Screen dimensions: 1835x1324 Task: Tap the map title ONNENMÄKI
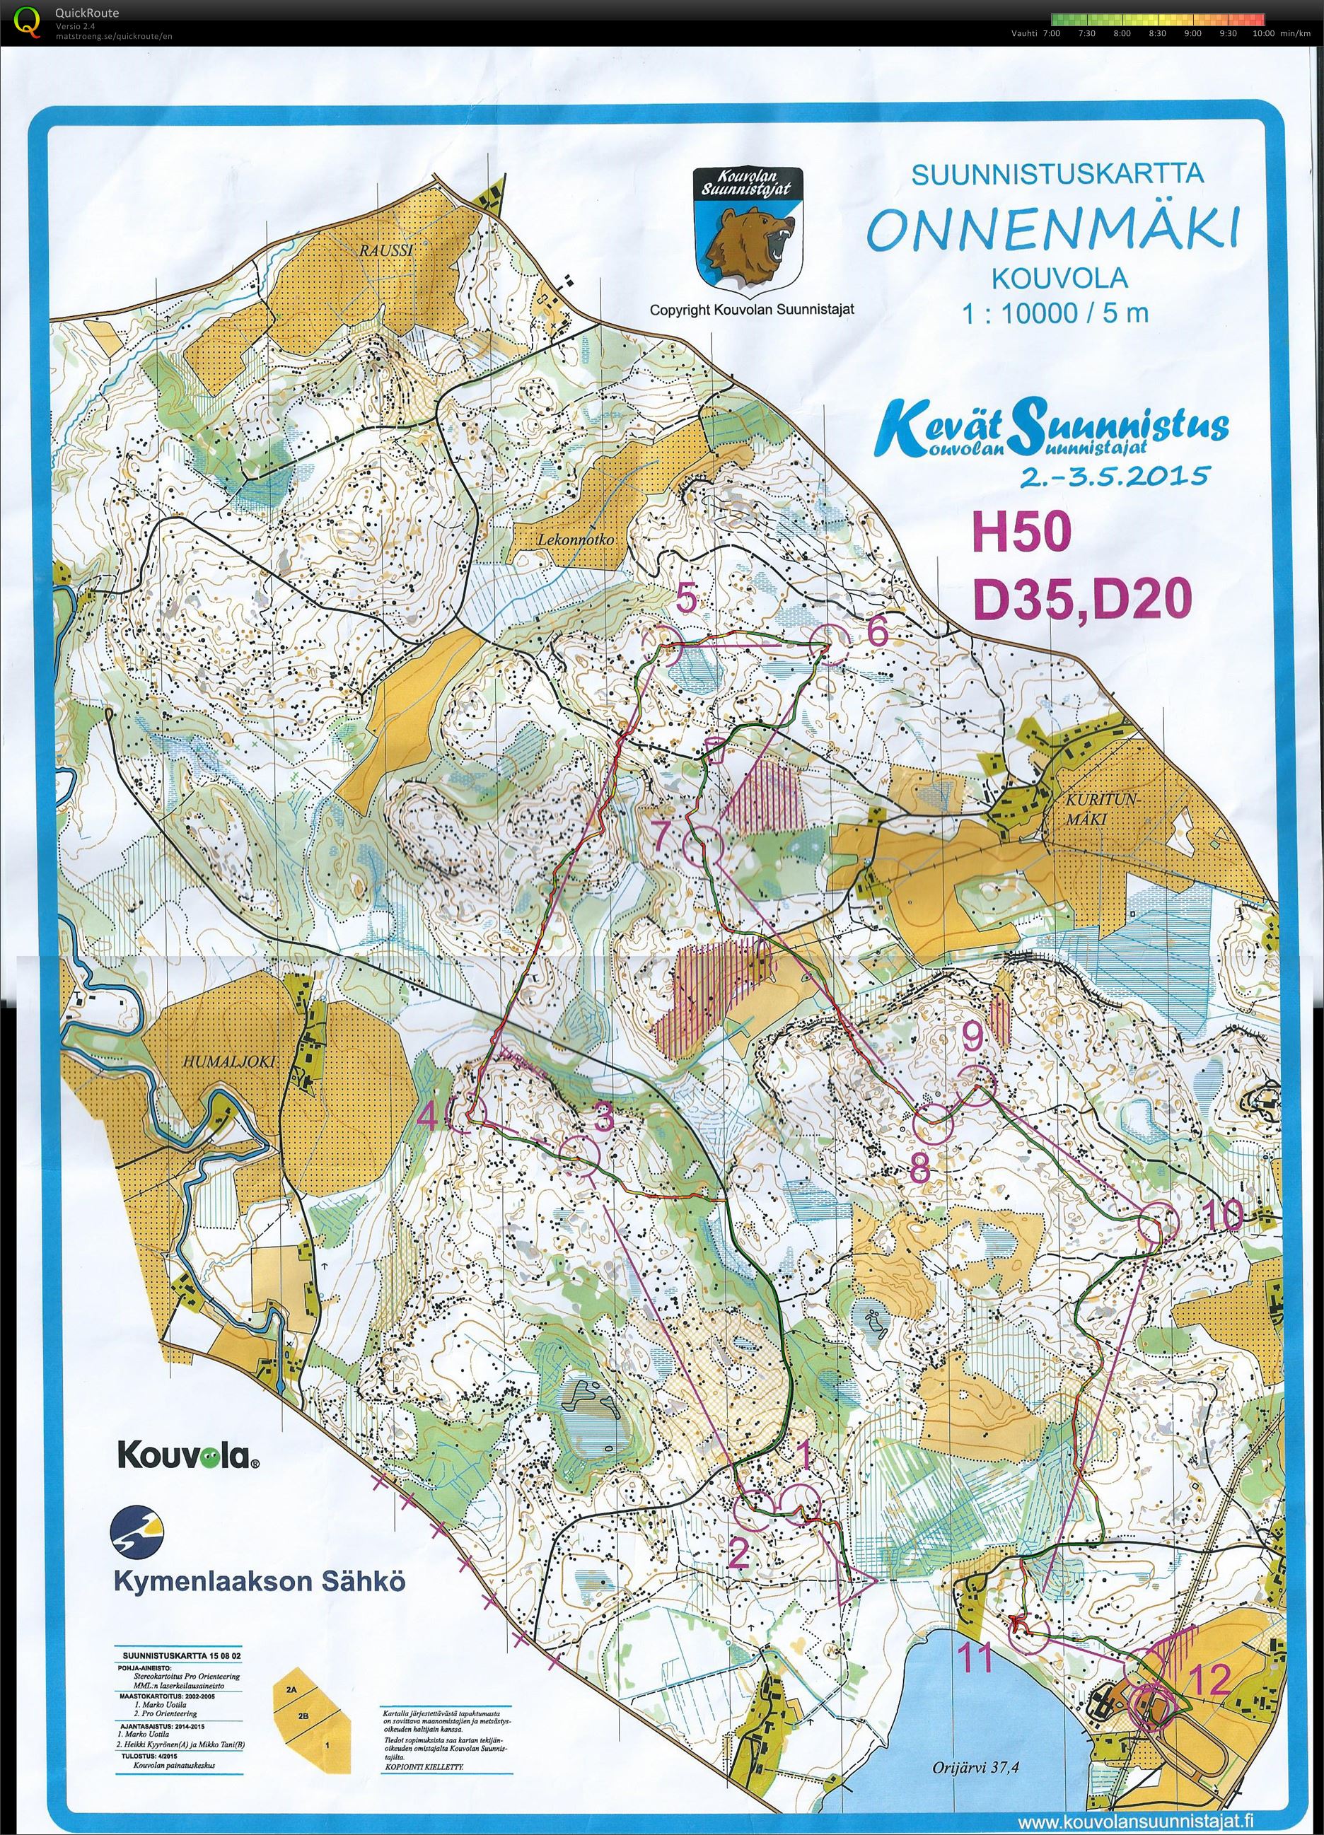(x=1052, y=229)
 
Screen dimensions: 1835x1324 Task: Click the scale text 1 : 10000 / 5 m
(x=1055, y=314)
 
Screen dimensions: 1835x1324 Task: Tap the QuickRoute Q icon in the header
(x=29, y=21)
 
